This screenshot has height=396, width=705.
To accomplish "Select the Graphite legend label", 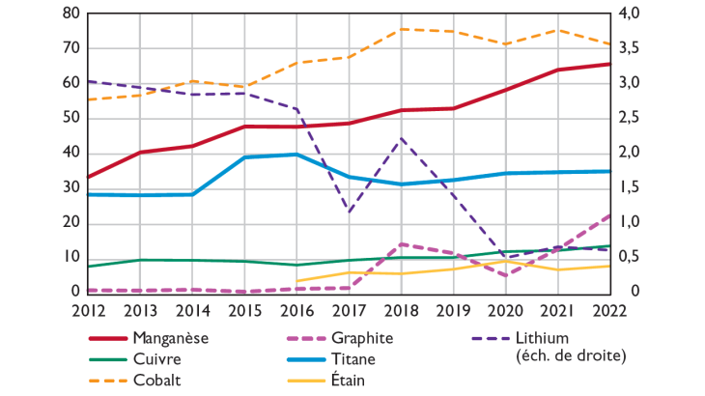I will coord(361,338).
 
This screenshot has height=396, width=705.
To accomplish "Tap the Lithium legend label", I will coord(544,338).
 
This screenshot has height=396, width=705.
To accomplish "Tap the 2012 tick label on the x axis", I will coord(88,309).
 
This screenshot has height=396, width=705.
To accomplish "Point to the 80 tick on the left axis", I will coord(70,14).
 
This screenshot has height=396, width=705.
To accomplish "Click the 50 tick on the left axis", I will coord(70,118).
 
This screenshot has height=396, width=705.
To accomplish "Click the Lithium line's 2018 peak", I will coord(401,138).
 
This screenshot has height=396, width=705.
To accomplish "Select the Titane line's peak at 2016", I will coord(296,155).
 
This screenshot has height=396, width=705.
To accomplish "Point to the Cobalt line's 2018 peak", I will coord(401,29).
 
